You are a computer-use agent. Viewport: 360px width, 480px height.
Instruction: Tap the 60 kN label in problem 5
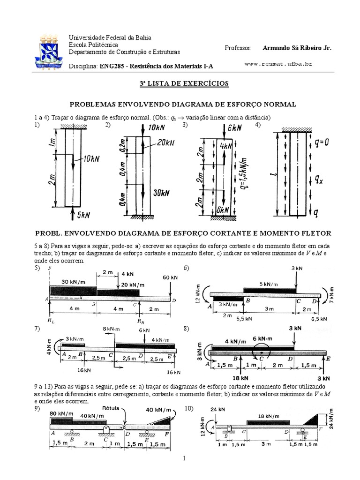170,277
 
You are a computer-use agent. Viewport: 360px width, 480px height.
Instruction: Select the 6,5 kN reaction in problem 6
320,318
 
